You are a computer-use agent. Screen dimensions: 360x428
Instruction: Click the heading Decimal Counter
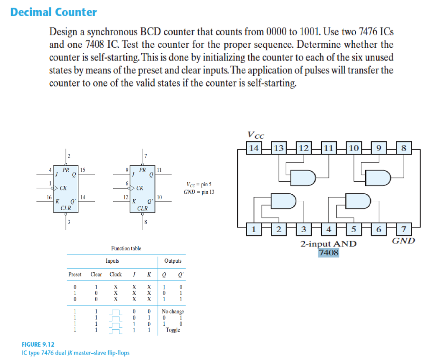point(53,12)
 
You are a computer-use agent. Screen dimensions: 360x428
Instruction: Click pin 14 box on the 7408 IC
point(254,147)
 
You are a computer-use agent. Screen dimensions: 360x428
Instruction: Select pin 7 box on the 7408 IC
point(404,229)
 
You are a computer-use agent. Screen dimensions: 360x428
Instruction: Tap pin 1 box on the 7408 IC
point(254,229)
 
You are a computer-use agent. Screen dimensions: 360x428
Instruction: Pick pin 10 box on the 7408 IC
point(354,147)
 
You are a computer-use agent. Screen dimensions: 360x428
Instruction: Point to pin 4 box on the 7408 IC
point(329,229)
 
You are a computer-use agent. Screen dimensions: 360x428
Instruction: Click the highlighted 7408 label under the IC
point(328,253)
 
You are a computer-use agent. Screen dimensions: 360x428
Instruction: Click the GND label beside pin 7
point(403,241)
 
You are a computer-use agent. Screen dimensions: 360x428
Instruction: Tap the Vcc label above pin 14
point(255,134)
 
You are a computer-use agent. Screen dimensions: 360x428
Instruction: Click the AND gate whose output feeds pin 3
point(284,200)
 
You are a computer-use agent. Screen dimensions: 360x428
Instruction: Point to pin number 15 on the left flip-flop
point(83,170)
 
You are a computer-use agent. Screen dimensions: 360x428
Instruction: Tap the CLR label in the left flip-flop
point(66,208)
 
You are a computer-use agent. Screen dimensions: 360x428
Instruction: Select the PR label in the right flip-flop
point(143,170)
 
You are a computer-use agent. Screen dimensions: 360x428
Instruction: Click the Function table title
point(126,248)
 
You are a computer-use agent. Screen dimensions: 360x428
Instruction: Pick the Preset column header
point(75,274)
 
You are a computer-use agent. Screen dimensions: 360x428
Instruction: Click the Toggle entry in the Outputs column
point(173,330)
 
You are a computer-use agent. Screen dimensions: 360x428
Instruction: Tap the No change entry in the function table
point(173,312)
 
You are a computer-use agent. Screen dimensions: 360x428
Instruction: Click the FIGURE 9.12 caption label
point(38,345)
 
